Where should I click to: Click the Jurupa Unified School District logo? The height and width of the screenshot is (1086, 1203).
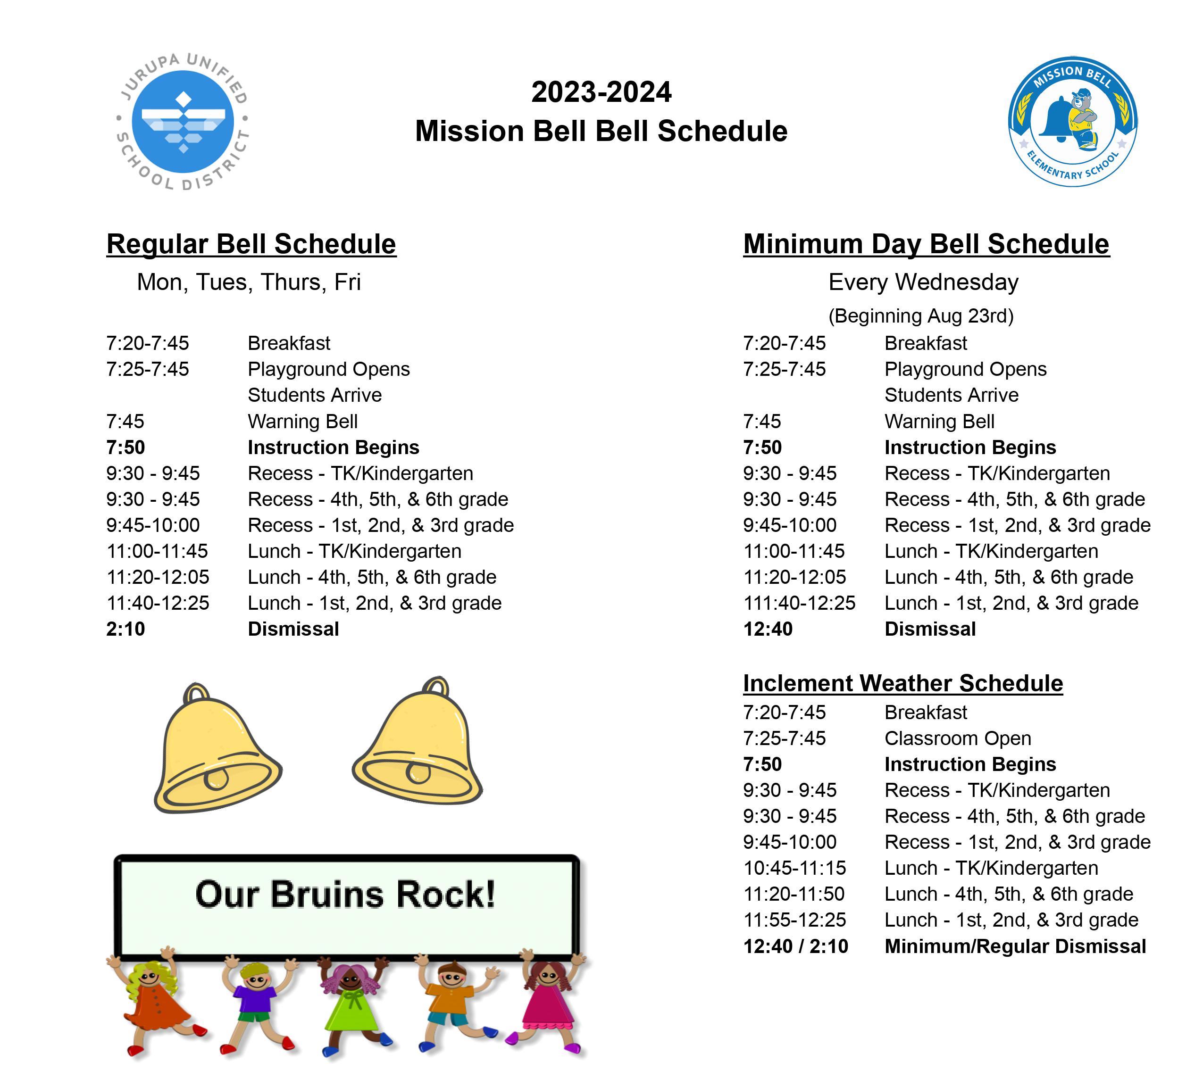click(x=183, y=121)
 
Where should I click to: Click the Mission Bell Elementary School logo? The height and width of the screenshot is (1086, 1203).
click(x=1072, y=121)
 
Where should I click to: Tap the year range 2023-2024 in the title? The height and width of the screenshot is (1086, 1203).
click(x=601, y=92)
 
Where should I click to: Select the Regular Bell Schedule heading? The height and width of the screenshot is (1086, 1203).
click(x=251, y=244)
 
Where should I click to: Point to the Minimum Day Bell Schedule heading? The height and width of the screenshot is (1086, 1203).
click(x=926, y=244)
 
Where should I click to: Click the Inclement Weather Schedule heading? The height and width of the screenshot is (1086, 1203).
click(x=903, y=683)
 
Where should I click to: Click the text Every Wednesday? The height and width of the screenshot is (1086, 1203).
click(x=923, y=282)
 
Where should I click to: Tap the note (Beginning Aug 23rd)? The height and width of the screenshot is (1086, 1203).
click(x=921, y=315)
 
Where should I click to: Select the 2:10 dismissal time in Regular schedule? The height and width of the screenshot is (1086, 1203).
click(x=125, y=629)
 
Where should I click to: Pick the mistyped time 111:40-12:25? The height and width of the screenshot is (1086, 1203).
click(x=799, y=603)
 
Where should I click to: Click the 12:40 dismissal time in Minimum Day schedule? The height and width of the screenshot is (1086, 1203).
click(x=768, y=629)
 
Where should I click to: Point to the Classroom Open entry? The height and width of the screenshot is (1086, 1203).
click(x=958, y=738)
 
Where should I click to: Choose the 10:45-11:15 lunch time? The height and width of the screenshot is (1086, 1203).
click(x=794, y=868)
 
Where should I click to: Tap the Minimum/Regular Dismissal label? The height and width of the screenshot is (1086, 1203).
click(x=1015, y=946)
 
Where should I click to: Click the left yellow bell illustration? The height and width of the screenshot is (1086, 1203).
click(x=217, y=748)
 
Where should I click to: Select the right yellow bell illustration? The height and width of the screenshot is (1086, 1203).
click(x=418, y=741)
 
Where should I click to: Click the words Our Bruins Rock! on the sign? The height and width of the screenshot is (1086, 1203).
click(x=345, y=894)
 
